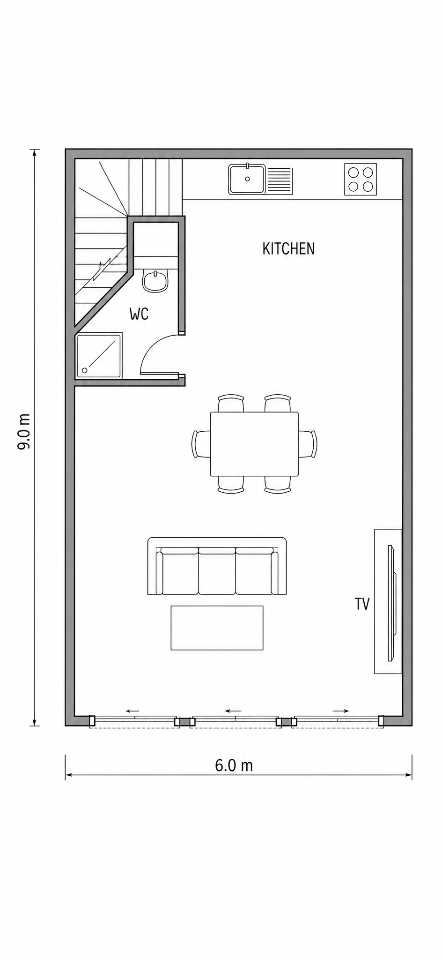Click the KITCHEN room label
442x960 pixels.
coord(288,248)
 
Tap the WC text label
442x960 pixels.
coord(139,314)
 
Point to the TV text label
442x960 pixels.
coord(362,604)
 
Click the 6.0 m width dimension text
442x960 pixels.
coord(234,765)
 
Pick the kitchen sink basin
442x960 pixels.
coord(247,179)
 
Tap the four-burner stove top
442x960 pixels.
coord(361,179)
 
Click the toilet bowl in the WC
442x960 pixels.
coord(155,281)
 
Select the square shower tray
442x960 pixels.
coord(99,356)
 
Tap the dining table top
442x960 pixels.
coord(254,444)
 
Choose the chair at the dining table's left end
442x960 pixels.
coord(201,444)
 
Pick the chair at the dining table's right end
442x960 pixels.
coord(308,444)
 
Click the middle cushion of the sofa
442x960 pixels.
coord(217,570)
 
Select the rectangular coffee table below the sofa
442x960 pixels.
coord(217,628)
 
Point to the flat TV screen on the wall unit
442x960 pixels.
coord(391,603)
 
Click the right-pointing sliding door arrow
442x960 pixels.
coord(340,711)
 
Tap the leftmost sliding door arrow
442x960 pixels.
coord(133,711)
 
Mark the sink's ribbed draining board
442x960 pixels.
coord(279,180)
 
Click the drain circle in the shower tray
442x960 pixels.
coord(85,370)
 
